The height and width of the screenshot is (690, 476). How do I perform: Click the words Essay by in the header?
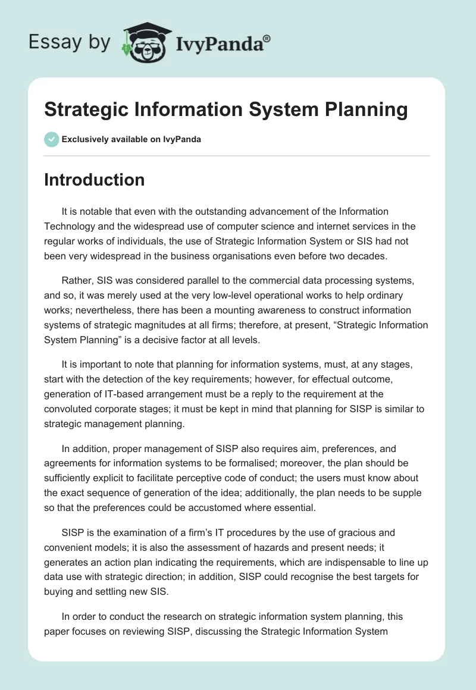(69, 42)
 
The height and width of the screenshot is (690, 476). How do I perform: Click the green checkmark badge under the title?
(51, 139)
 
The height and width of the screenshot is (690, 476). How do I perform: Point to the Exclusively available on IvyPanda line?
(131, 140)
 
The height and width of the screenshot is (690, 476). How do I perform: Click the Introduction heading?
(94, 180)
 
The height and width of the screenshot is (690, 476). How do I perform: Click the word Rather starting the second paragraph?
(76, 281)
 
